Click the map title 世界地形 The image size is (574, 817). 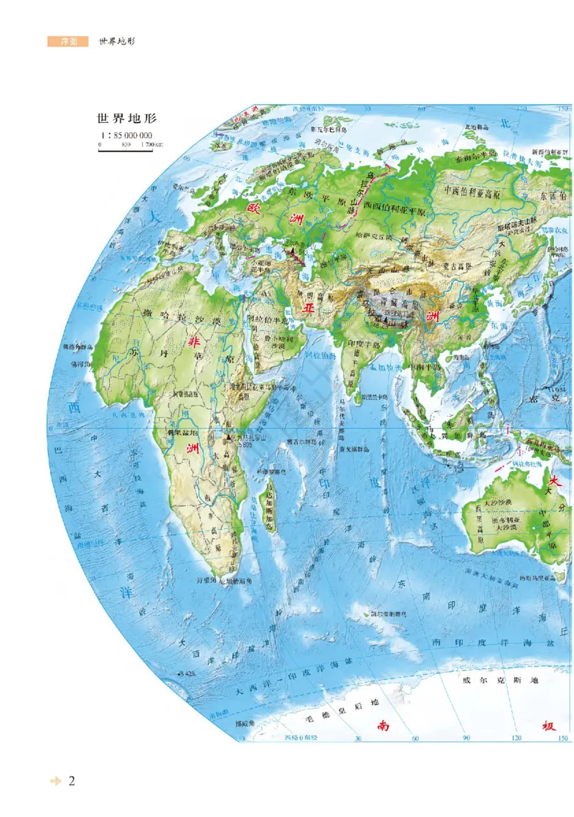pos(127,118)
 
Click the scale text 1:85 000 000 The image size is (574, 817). pos(126,135)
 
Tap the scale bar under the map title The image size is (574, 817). pos(126,150)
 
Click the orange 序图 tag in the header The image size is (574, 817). pos(67,42)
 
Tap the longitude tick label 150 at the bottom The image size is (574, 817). pos(563,738)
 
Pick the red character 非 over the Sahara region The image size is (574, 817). pos(192,343)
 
